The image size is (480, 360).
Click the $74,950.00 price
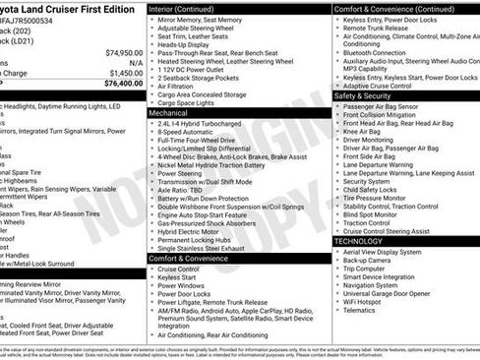tap(124, 52)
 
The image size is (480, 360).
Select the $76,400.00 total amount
tap(124, 84)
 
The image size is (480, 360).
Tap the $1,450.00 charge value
tap(126, 73)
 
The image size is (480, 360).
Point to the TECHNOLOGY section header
tap(359, 240)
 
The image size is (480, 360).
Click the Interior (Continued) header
tap(189, 8)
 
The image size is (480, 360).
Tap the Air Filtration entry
tap(179, 86)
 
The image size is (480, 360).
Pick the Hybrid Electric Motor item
tap(191, 231)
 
